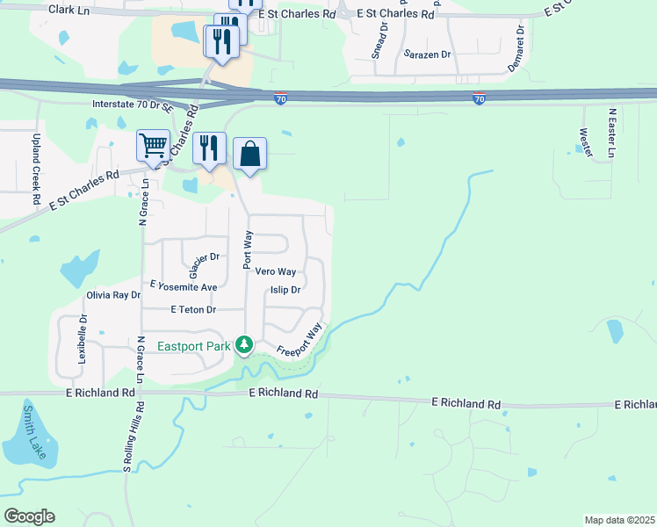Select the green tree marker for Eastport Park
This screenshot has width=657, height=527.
point(245,345)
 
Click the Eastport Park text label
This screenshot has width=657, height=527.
point(194,346)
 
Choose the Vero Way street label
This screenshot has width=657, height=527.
point(275,272)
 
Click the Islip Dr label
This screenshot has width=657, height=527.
point(285,290)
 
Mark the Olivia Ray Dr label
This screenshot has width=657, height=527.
point(113,295)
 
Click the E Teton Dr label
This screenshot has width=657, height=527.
point(193,309)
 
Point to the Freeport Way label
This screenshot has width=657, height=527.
point(300,339)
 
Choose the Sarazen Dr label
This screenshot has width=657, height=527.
point(427,54)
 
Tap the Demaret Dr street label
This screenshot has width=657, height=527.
point(520,40)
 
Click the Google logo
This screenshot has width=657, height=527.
point(29,516)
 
